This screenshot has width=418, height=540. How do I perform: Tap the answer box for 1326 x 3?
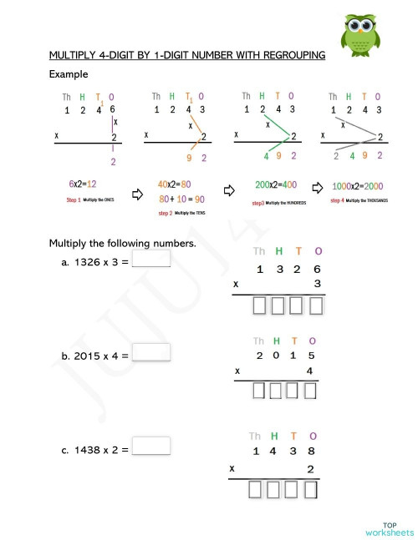pyautogui.click(x=151, y=259)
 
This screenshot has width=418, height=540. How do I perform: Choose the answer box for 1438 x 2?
pyautogui.click(x=151, y=446)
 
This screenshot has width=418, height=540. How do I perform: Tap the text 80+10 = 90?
pyautogui.click(x=181, y=199)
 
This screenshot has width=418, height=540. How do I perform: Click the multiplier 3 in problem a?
pyautogui.click(x=316, y=284)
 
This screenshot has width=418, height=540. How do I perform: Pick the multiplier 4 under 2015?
pyautogui.click(x=310, y=371)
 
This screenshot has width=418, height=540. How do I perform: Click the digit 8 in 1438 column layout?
pyautogui.click(x=311, y=451)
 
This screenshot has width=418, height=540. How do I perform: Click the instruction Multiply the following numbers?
pyautogui.click(x=122, y=244)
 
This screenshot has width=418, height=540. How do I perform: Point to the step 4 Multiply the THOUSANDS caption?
pyautogui.click(x=359, y=200)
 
